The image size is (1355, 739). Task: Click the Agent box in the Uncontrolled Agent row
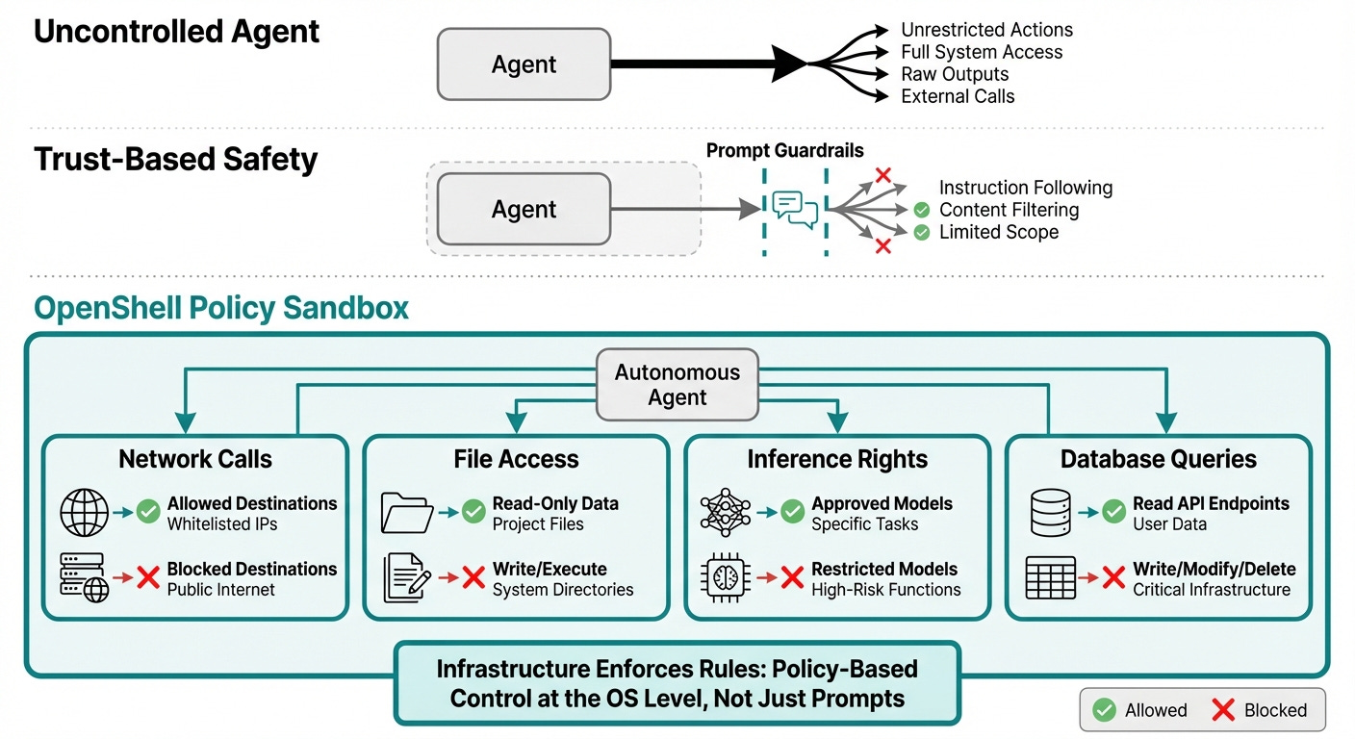pyautogui.click(x=524, y=64)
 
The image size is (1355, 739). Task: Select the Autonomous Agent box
pyautogui.click(x=677, y=385)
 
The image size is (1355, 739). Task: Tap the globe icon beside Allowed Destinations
pyautogui.click(x=84, y=513)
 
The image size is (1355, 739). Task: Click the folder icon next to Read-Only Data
pyautogui.click(x=406, y=513)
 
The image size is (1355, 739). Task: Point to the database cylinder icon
pyautogui.click(x=1050, y=513)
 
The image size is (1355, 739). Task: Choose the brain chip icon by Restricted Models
pyautogui.click(x=726, y=577)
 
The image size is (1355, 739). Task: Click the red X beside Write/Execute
pyautogui.click(x=473, y=577)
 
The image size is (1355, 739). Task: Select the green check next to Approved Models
pyautogui.click(x=792, y=512)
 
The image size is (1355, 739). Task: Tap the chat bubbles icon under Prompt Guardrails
pyautogui.click(x=795, y=210)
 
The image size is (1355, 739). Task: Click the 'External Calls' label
pyautogui.click(x=958, y=96)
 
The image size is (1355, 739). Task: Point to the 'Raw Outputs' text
pyautogui.click(x=955, y=74)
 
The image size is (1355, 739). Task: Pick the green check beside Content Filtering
pyautogui.click(x=921, y=210)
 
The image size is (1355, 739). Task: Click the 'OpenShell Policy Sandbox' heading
pyautogui.click(x=221, y=308)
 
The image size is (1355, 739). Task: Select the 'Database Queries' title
pyautogui.click(x=1159, y=459)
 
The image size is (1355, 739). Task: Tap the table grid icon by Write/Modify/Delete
pyautogui.click(x=1051, y=577)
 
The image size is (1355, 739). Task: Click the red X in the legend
pyautogui.click(x=1223, y=709)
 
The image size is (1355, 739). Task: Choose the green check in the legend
pyautogui.click(x=1104, y=709)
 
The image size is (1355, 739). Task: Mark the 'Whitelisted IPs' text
pyautogui.click(x=222, y=523)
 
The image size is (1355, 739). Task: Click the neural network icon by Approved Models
pyautogui.click(x=726, y=512)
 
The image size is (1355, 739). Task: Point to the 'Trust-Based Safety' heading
pyautogui.click(x=175, y=160)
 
